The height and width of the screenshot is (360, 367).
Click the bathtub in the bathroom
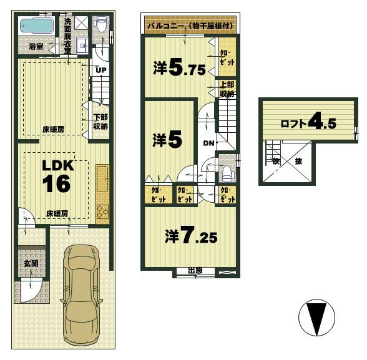[37, 26]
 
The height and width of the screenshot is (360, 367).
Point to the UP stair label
[100, 70]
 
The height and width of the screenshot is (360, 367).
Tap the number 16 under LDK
[58, 184]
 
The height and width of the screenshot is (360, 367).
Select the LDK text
[58, 166]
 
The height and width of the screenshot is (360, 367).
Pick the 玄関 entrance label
[31, 264]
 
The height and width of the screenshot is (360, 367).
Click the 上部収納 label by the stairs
[226, 89]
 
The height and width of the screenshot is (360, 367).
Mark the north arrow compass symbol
[317, 317]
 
